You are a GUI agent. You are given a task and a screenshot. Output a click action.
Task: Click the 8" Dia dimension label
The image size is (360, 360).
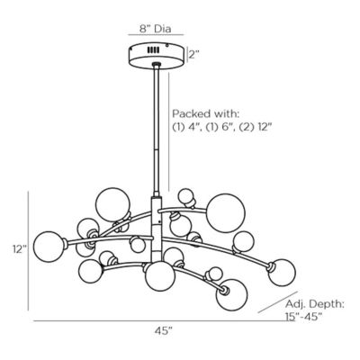tap(156, 29)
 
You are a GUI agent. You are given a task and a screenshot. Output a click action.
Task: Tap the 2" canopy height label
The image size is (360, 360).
tap(194, 55)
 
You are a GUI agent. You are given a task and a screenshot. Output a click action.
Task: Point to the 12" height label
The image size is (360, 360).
tap(20, 249)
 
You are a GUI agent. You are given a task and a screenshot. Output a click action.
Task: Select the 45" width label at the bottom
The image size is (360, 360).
tap(164, 330)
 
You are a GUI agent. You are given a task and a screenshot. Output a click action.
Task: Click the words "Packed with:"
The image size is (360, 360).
tap(206, 114)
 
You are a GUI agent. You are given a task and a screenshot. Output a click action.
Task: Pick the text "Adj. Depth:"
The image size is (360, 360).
tap(314, 304)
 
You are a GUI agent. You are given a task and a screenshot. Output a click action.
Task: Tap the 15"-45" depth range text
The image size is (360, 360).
tap(303, 317)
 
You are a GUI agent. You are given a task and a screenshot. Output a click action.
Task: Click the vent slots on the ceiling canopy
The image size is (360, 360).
tap(154, 50)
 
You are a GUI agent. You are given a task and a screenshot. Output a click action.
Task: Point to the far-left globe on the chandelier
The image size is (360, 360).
tap(49, 247)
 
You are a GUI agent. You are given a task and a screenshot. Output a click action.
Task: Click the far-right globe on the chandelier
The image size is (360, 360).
tap(282, 273)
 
